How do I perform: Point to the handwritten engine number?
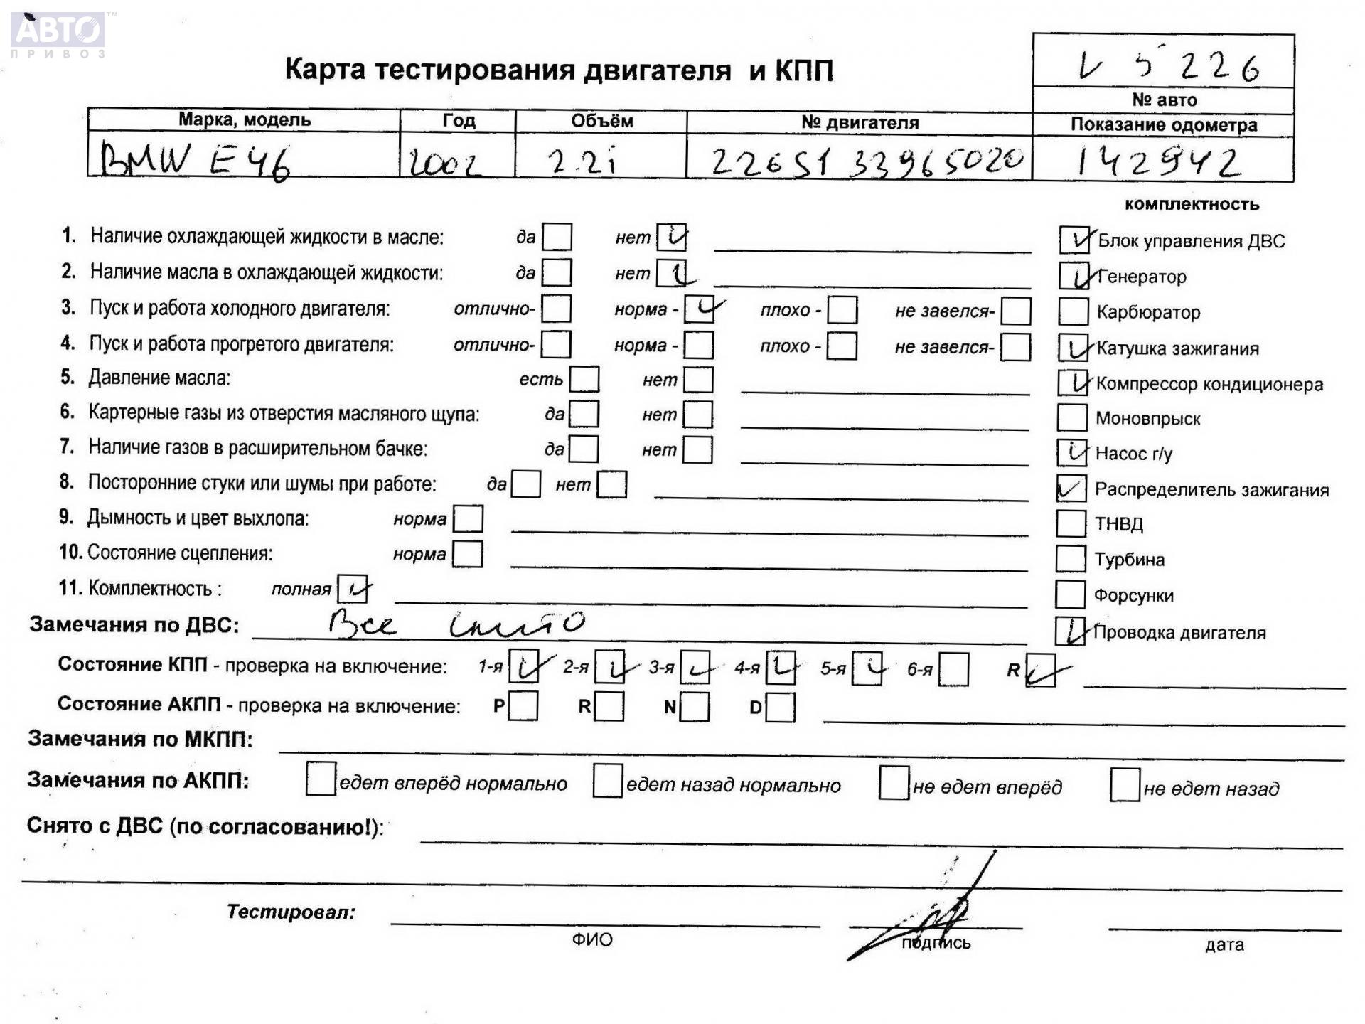coord(867,161)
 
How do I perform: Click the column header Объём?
coord(601,121)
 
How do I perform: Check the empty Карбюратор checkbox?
coord(1073,311)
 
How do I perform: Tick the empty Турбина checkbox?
coord(1071,559)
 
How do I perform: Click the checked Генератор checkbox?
coord(1074,276)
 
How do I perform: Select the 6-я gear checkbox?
coord(953,670)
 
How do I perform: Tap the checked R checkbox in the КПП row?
coord(1041,671)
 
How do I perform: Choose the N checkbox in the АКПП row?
coord(695,707)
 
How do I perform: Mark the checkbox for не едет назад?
coord(1124,785)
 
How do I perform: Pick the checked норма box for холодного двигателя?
coord(700,309)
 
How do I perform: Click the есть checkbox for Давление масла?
coord(584,379)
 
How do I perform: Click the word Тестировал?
coord(291,912)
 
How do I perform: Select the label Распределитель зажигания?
coord(1211,490)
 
